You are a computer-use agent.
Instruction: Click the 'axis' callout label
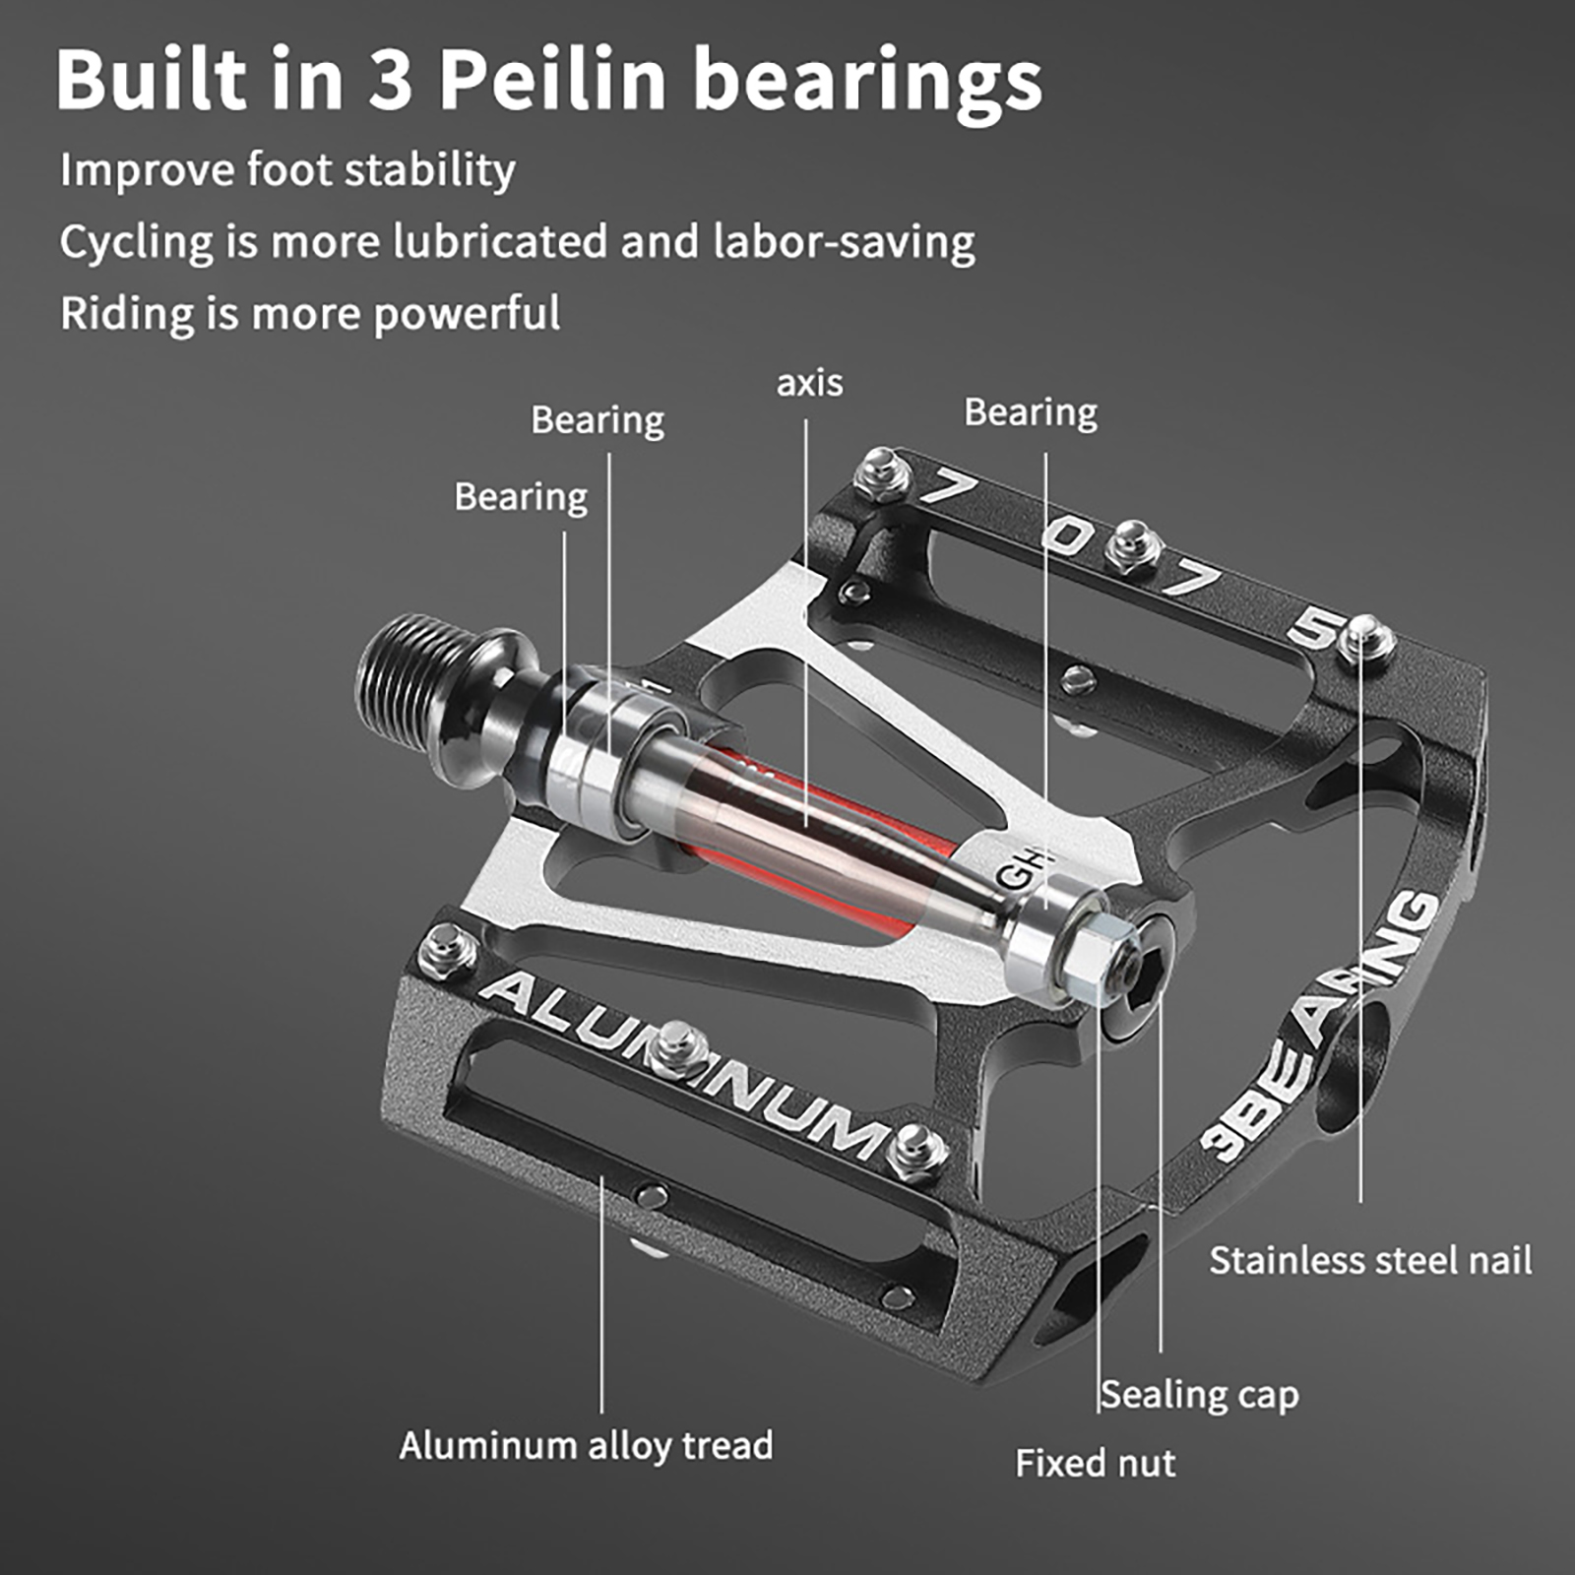point(809,383)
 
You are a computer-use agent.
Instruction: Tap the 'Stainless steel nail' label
point(1369,1261)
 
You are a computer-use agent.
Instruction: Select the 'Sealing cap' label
point(1199,1395)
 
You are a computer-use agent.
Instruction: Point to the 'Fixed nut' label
point(1095,1464)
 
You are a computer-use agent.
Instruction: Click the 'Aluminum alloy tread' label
point(586,1446)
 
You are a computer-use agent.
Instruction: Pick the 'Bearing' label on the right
point(1030,412)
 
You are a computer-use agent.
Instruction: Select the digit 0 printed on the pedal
point(1068,536)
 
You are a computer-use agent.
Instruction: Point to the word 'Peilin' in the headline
point(552,81)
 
